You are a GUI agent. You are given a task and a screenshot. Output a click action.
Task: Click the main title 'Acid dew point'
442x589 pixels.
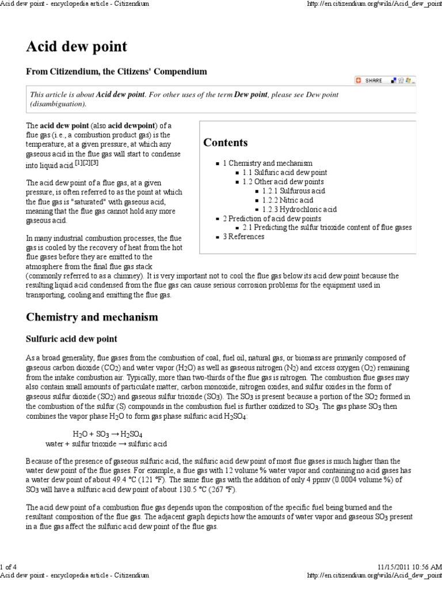[77, 47]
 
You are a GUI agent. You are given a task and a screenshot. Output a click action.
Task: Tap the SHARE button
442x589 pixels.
[369, 81]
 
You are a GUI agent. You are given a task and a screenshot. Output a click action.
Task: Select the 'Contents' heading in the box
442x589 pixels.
[226, 143]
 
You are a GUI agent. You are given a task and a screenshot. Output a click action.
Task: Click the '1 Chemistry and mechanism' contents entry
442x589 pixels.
[268, 163]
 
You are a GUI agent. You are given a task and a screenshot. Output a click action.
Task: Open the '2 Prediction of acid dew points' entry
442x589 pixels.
[273, 219]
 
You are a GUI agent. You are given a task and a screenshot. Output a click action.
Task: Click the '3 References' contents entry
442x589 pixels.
[243, 237]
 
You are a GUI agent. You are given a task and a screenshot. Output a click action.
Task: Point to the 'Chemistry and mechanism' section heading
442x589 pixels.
[92, 317]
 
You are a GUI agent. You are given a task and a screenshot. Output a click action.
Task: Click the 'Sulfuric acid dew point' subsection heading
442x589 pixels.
[72, 339]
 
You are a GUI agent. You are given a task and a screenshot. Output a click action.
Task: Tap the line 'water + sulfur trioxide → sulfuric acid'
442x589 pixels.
[106, 443]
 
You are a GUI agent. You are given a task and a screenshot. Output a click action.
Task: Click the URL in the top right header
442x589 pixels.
[375, 4]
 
